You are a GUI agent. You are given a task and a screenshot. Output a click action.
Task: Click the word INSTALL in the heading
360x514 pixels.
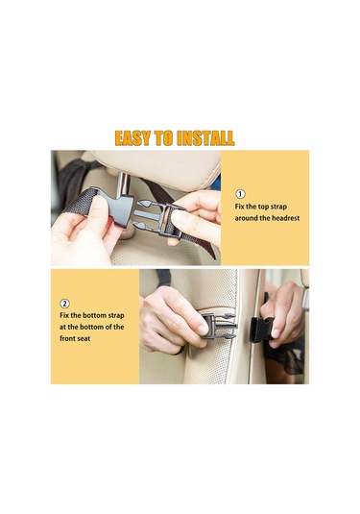pyautogui.click(x=205, y=138)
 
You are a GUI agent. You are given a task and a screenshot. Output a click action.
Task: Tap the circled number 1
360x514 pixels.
pyautogui.click(x=240, y=194)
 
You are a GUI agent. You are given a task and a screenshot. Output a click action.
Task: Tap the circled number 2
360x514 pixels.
pyautogui.click(x=64, y=304)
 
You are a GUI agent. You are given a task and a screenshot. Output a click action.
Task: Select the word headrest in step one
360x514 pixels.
pyautogui.click(x=286, y=218)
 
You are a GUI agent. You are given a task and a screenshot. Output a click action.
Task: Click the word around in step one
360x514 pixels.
pyautogui.click(x=247, y=218)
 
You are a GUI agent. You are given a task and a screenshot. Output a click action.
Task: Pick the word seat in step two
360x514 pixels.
pyautogui.click(x=84, y=338)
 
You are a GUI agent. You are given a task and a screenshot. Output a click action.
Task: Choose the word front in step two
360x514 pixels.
pyautogui.click(x=67, y=338)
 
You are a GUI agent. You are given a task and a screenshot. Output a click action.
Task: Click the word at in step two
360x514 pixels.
pyautogui.click(x=62, y=327)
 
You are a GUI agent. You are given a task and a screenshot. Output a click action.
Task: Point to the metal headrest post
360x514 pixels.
pyautogui.click(x=123, y=184)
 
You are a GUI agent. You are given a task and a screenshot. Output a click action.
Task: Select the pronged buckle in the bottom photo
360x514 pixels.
pyautogui.click(x=219, y=326)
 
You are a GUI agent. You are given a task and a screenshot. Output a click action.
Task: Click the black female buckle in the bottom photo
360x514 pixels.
pyautogui.click(x=261, y=330)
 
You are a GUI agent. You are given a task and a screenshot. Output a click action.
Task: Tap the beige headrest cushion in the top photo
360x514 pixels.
pyautogui.click(x=157, y=168)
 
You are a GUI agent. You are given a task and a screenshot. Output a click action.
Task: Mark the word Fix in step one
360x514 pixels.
pyautogui.click(x=239, y=207)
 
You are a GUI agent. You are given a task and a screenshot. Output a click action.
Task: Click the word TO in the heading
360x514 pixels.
pyautogui.click(x=163, y=138)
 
